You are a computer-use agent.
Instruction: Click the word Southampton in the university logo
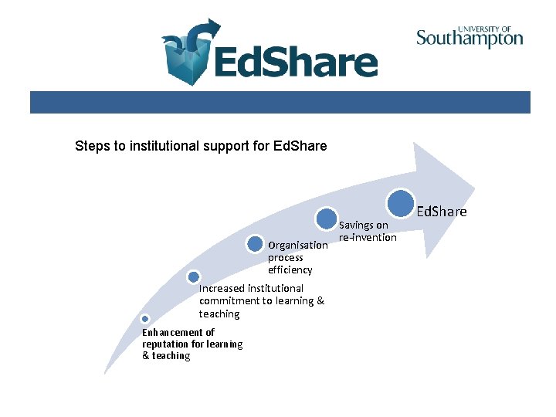tap(470, 39)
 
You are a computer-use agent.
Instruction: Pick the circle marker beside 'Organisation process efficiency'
tap(255, 244)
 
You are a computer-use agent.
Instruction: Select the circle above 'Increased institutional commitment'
tap(194, 276)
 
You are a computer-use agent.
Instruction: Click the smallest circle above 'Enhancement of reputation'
tap(144, 318)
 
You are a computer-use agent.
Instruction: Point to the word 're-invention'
tap(368, 237)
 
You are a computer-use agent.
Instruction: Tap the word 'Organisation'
tap(297, 246)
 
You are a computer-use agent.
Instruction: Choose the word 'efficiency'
tap(290, 270)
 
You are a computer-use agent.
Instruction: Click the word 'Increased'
tap(222, 288)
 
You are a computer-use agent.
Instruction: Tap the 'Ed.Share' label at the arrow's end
tap(442, 211)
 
